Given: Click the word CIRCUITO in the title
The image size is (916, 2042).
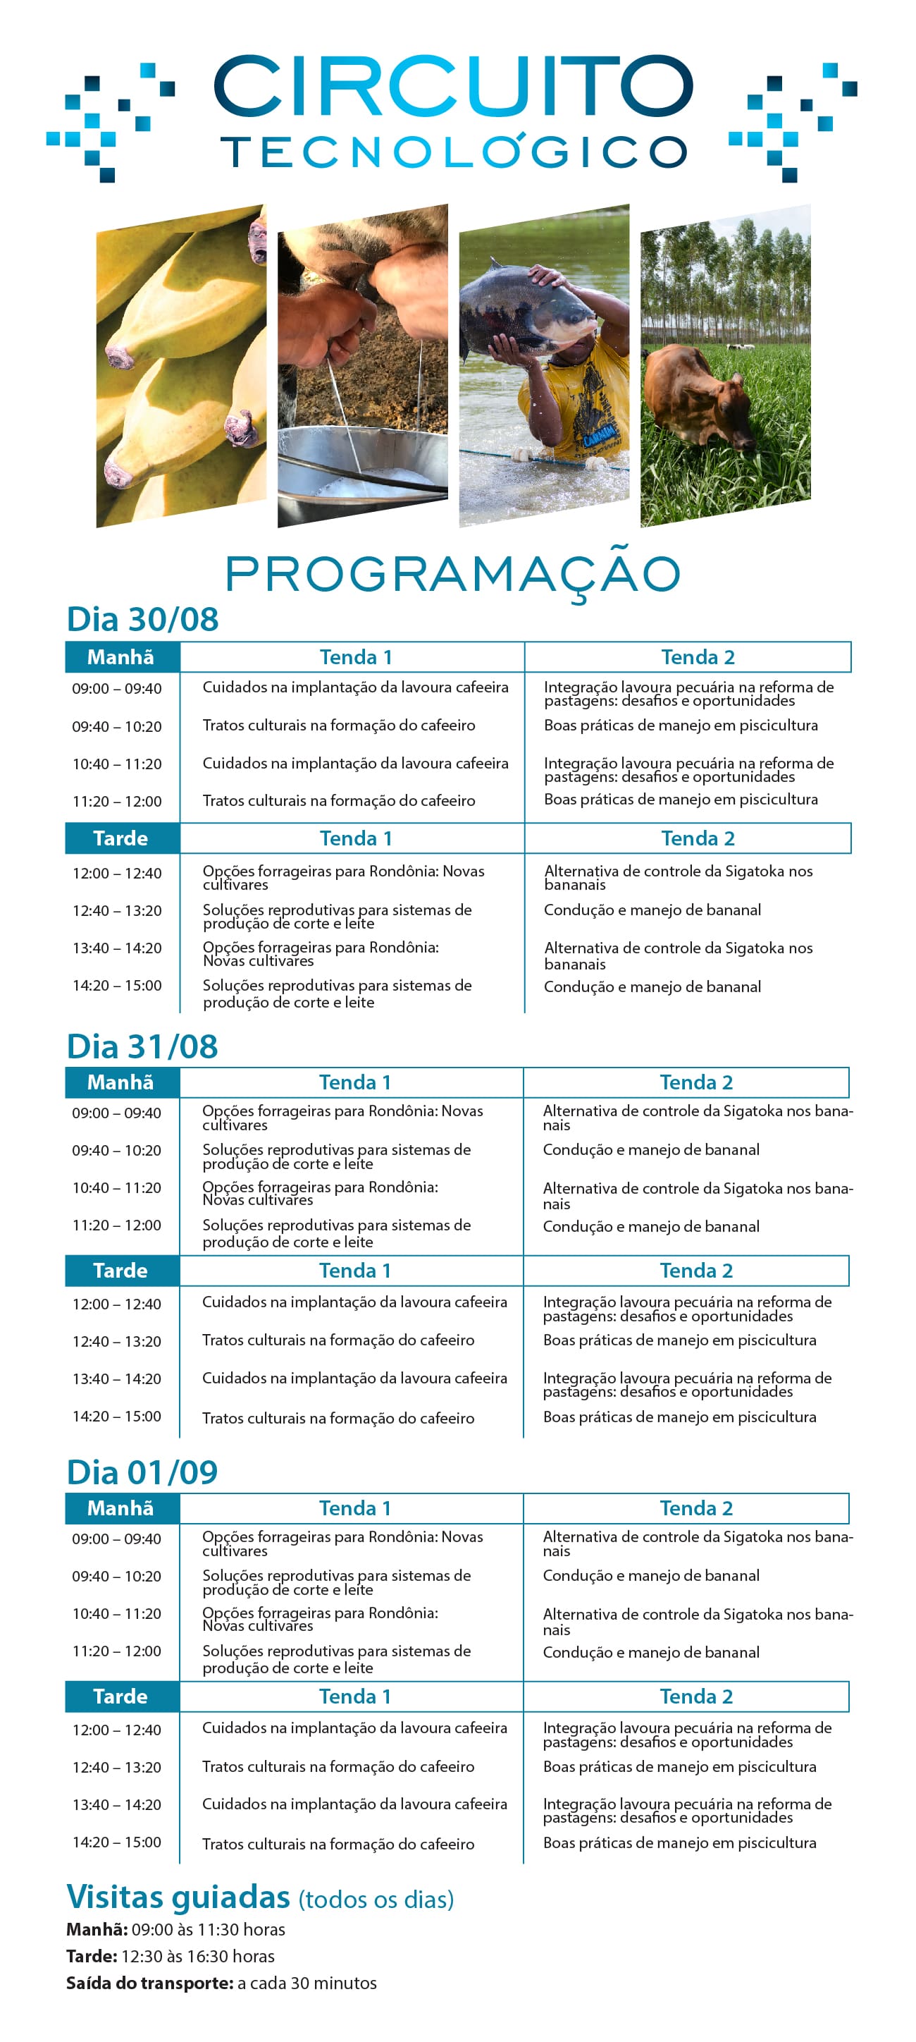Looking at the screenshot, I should click(453, 85).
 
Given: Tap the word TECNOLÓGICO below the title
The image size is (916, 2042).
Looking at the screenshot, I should click(453, 152).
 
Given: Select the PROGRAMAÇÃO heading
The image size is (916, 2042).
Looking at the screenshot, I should click(453, 573).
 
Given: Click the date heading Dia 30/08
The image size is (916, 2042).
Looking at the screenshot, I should click(142, 619).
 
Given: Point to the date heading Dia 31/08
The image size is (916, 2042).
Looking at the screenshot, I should click(142, 1046).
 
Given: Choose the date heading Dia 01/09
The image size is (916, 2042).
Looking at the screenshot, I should click(142, 1472).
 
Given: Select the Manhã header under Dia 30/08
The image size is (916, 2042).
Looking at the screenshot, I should click(121, 657).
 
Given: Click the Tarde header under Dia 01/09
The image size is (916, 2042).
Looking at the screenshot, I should click(121, 1696).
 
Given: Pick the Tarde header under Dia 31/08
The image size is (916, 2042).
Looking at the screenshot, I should click(121, 1271).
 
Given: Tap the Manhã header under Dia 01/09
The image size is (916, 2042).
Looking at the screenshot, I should click(121, 1508).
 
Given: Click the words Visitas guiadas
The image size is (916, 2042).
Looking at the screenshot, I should click(178, 1897).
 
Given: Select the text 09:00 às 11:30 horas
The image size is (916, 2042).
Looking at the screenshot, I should click(209, 1929).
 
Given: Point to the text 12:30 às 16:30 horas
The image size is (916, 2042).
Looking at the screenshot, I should click(198, 1957).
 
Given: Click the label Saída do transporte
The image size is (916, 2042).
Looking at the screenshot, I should click(149, 1983).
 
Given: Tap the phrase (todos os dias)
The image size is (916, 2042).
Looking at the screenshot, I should click(376, 1900).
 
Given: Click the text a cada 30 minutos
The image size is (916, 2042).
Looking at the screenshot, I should click(307, 1983).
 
